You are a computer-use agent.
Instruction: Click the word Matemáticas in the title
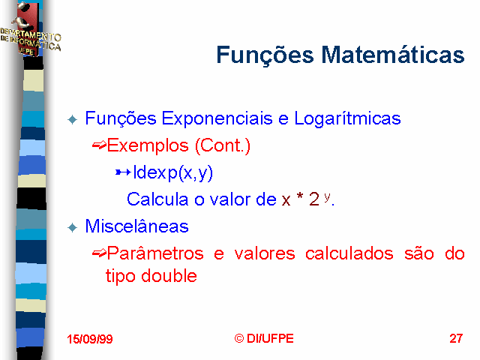(393, 55)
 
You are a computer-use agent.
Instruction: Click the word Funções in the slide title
(265, 55)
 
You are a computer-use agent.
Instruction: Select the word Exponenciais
(217, 118)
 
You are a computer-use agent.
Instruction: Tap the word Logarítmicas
(347, 118)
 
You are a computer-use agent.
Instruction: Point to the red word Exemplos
(148, 145)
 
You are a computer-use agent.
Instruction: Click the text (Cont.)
(223, 145)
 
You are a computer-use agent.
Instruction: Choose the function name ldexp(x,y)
(173, 173)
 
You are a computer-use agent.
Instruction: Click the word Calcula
(157, 199)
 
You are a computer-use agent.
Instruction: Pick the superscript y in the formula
(327, 196)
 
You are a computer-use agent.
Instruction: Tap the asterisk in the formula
(300, 196)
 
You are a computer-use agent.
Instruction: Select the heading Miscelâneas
(136, 226)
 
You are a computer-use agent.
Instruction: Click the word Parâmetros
(155, 253)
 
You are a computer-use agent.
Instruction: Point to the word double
(169, 276)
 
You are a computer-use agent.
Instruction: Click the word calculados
(349, 253)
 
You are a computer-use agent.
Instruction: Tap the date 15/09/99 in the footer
(90, 339)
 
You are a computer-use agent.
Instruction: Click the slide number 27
(456, 338)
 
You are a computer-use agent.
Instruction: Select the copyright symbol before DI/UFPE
(239, 338)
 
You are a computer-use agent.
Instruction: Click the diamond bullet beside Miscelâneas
(73, 227)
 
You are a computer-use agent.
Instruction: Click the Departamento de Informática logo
(29, 29)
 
